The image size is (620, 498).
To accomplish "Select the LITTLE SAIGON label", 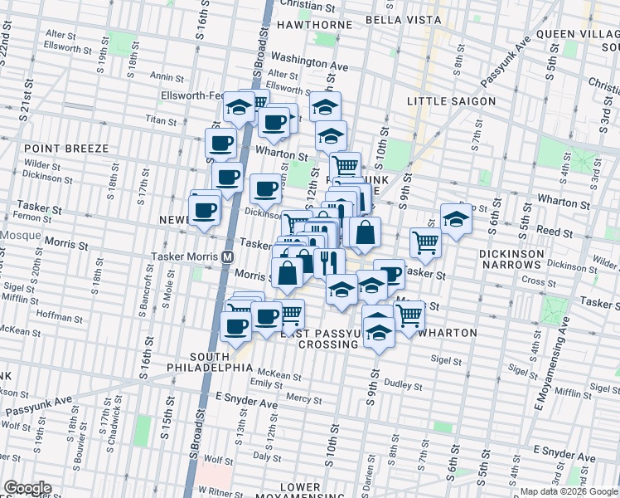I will coord(452,101).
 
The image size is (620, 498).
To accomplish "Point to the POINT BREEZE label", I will coord(72,149).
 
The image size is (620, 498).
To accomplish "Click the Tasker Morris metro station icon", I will coord(226,256).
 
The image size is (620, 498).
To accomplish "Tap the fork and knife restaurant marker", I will coord(329,262).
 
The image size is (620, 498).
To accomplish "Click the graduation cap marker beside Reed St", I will coord(455,219).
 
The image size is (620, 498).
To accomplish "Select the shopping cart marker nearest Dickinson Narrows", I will coord(425,242).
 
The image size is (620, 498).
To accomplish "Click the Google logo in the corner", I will coord(27,488).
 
